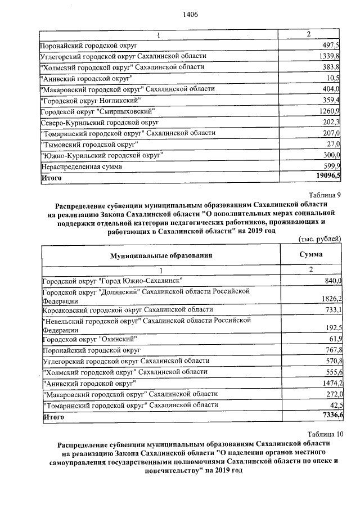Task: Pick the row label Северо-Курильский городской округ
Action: click(x=100, y=121)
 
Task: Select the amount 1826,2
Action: click(x=330, y=298)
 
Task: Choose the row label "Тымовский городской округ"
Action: click(x=90, y=144)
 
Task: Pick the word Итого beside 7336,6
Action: click(x=53, y=417)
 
